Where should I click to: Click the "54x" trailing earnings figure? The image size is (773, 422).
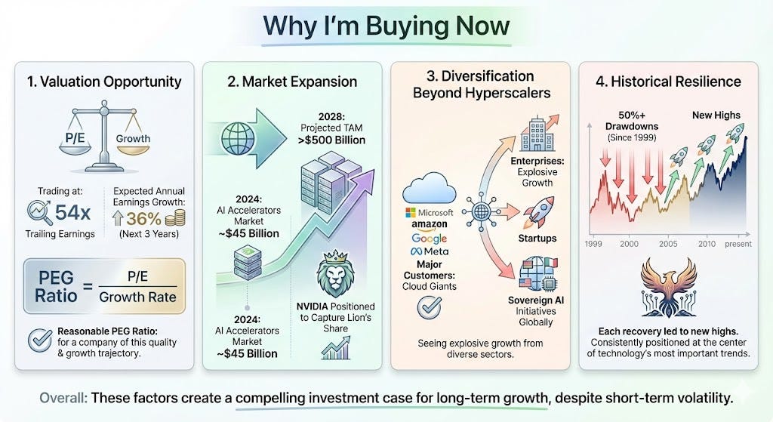click(x=72, y=212)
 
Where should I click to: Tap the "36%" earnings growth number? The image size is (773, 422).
click(x=143, y=218)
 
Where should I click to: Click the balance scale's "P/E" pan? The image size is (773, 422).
click(x=75, y=140)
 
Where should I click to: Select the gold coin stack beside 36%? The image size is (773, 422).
click(x=175, y=218)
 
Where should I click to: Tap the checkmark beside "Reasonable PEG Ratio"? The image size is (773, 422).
click(x=40, y=340)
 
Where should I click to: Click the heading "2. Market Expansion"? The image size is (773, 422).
click(x=292, y=82)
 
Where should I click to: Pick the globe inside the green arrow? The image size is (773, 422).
click(x=238, y=138)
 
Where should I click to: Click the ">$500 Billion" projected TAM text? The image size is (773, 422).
click(x=332, y=140)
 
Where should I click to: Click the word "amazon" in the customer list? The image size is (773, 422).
click(x=430, y=225)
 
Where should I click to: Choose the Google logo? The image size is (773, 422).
click(x=430, y=239)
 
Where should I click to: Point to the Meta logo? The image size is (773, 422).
click(x=430, y=251)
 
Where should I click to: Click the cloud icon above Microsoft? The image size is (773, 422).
click(x=430, y=188)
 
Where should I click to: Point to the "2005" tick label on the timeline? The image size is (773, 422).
click(x=668, y=244)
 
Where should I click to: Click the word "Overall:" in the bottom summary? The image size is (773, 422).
click(x=63, y=398)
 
